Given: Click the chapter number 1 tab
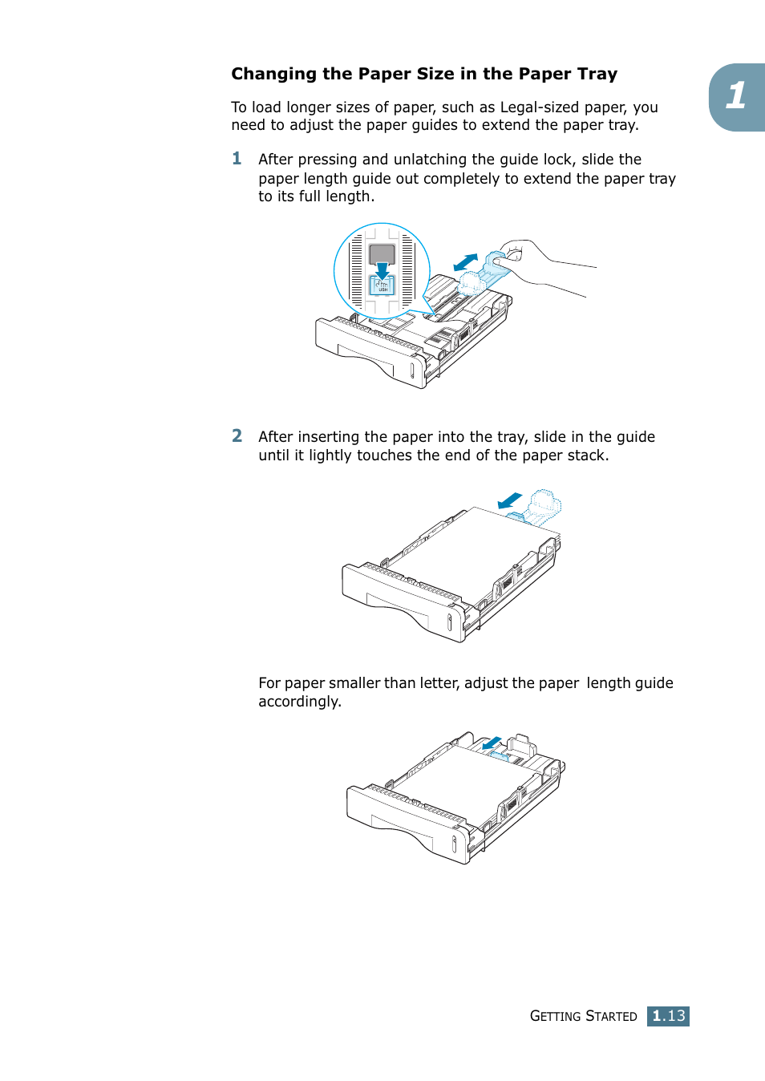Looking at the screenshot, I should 737,96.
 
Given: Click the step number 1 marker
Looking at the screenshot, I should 237,159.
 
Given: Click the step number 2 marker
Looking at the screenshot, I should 237,435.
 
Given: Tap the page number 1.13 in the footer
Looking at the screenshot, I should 668,1016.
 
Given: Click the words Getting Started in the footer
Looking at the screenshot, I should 583,1016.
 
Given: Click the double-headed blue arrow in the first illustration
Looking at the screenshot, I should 466,262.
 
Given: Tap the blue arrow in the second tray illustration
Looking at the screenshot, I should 509,501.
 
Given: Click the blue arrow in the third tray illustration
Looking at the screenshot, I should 492,743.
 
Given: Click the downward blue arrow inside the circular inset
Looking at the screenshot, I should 382,270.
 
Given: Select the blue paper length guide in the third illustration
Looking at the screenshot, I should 499,755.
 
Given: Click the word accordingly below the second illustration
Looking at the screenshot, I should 298,702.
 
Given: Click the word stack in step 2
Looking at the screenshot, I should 586,455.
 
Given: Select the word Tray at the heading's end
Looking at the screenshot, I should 597,75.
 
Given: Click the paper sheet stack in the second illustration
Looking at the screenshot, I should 473,553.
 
